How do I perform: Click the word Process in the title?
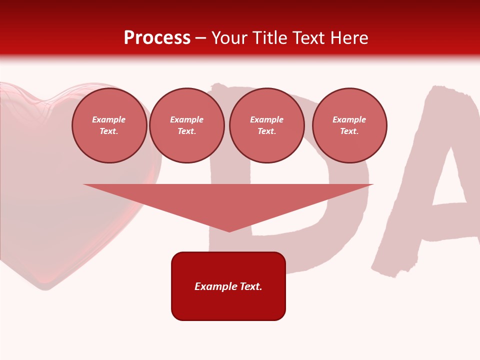tap(157, 38)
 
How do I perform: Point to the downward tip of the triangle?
tap(229, 230)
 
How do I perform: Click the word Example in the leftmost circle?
tap(109, 119)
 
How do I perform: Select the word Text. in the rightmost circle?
tap(349, 131)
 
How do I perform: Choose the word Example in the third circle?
tap(267, 119)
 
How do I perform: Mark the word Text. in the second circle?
tap(187, 131)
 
